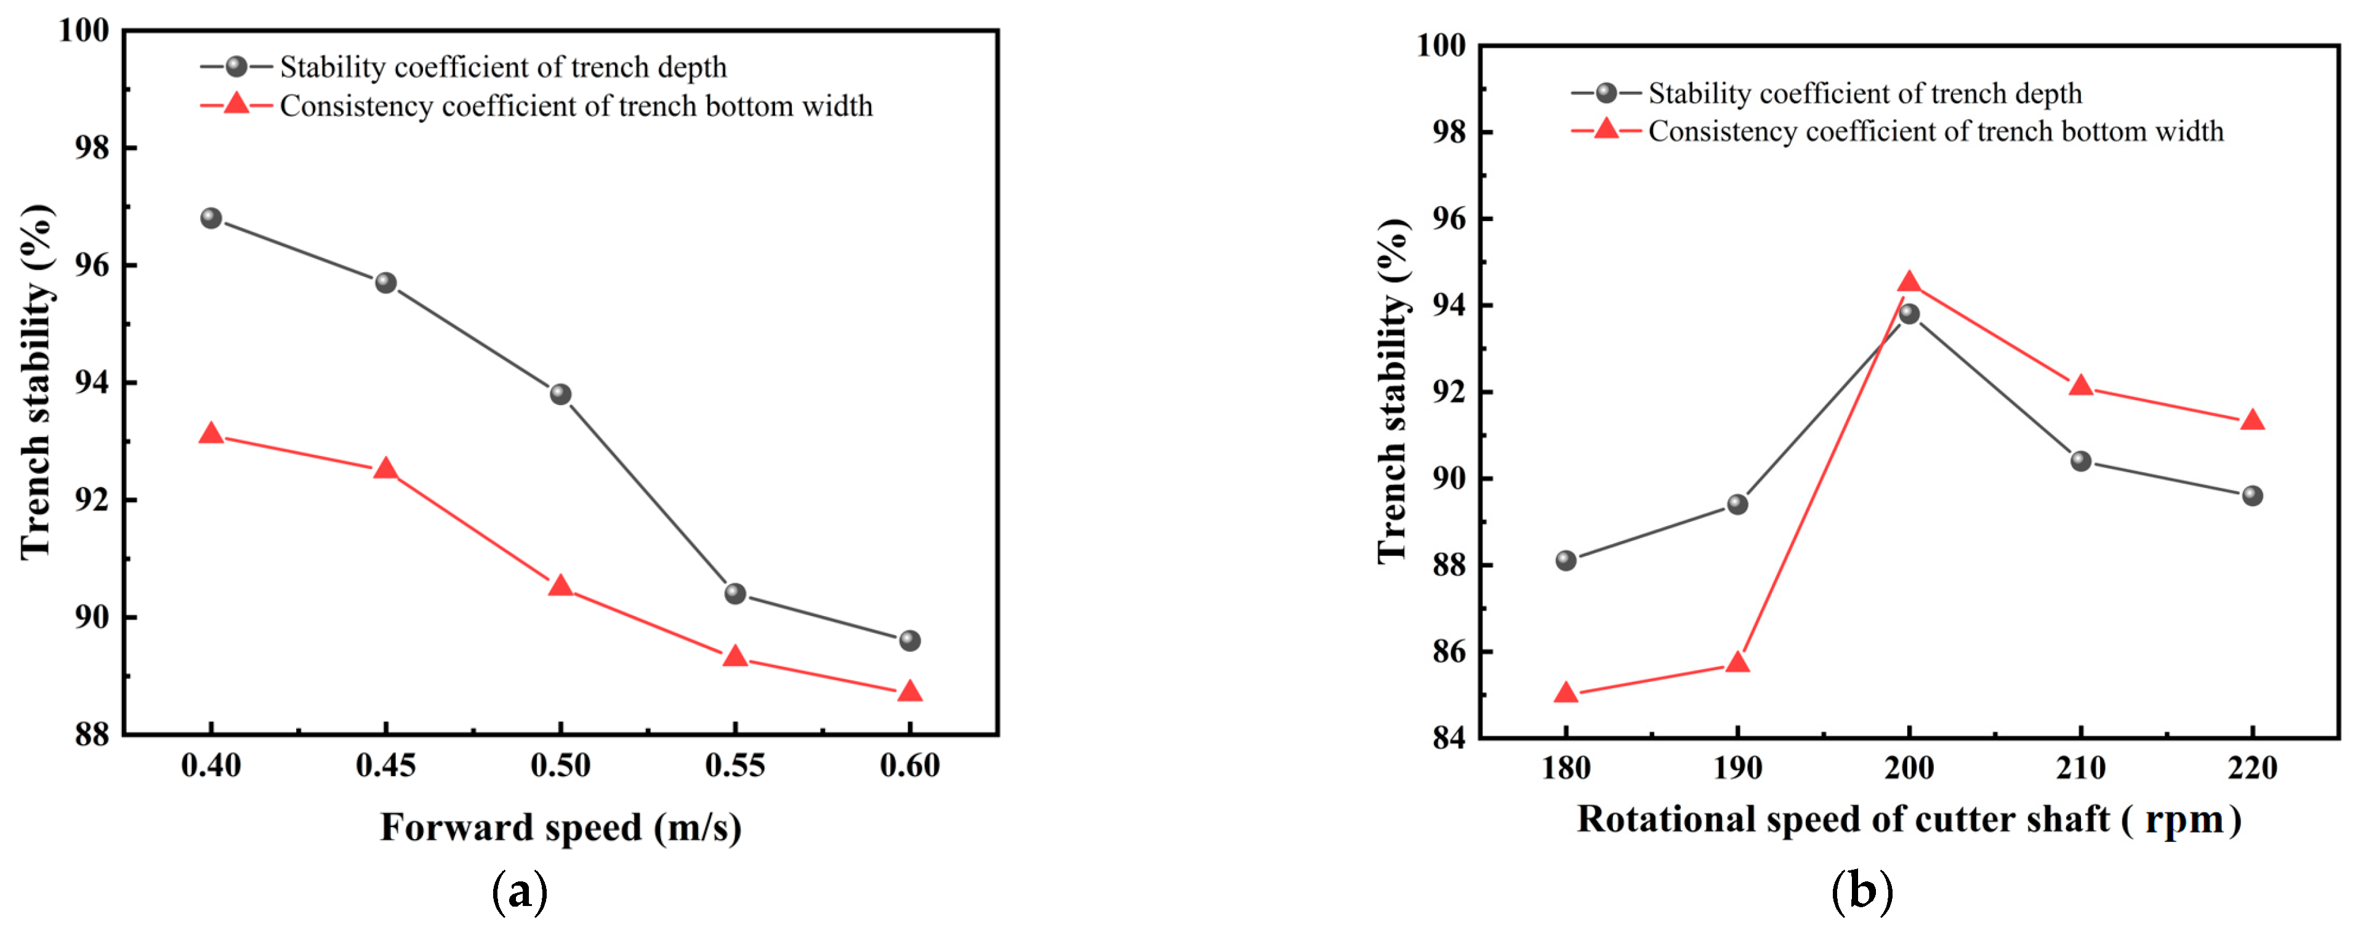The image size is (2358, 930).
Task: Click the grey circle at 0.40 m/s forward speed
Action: [211, 218]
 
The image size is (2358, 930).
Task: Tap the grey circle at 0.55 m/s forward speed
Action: [735, 594]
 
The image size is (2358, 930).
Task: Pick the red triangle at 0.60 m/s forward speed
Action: [909, 691]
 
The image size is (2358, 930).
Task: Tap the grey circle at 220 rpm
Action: [2252, 496]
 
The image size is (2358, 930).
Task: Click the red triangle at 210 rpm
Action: [2080, 385]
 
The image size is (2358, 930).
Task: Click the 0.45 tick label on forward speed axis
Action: [385, 765]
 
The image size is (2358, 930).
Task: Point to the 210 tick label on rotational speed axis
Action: [2080, 767]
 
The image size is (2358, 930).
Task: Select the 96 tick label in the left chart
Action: [92, 265]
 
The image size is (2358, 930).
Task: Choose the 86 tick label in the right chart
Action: [1449, 652]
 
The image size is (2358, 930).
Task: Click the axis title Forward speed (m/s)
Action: [560, 827]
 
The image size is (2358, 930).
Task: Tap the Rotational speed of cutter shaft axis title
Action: [1909, 819]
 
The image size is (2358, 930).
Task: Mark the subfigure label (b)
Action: [1862, 891]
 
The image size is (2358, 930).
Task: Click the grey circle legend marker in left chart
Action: [236, 67]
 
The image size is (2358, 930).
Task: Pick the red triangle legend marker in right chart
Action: [1606, 130]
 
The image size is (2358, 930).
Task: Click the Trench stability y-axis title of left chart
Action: [36, 382]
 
